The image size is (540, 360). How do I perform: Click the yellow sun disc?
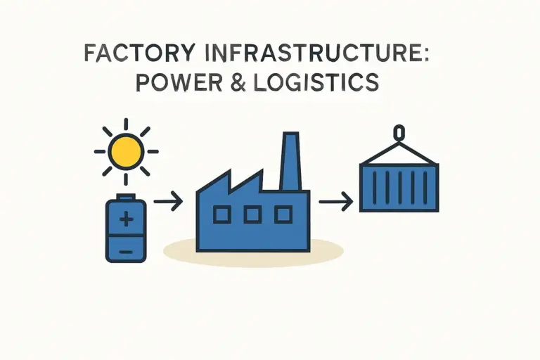pyautogui.click(x=126, y=150)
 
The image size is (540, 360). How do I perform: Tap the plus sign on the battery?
pyautogui.click(x=126, y=220)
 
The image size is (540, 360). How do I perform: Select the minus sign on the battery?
pyautogui.click(x=126, y=250)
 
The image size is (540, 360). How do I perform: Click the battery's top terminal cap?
pyautogui.click(x=126, y=196)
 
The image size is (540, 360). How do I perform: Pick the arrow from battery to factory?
pyautogui.click(x=168, y=202)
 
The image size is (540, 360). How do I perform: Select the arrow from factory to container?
pyautogui.click(x=335, y=202)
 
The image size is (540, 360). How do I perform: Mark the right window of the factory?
pyautogui.click(x=283, y=214)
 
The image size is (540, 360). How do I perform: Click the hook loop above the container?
pyautogui.click(x=399, y=132)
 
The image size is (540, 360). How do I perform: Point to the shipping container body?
pyautogui.click(x=399, y=186)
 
